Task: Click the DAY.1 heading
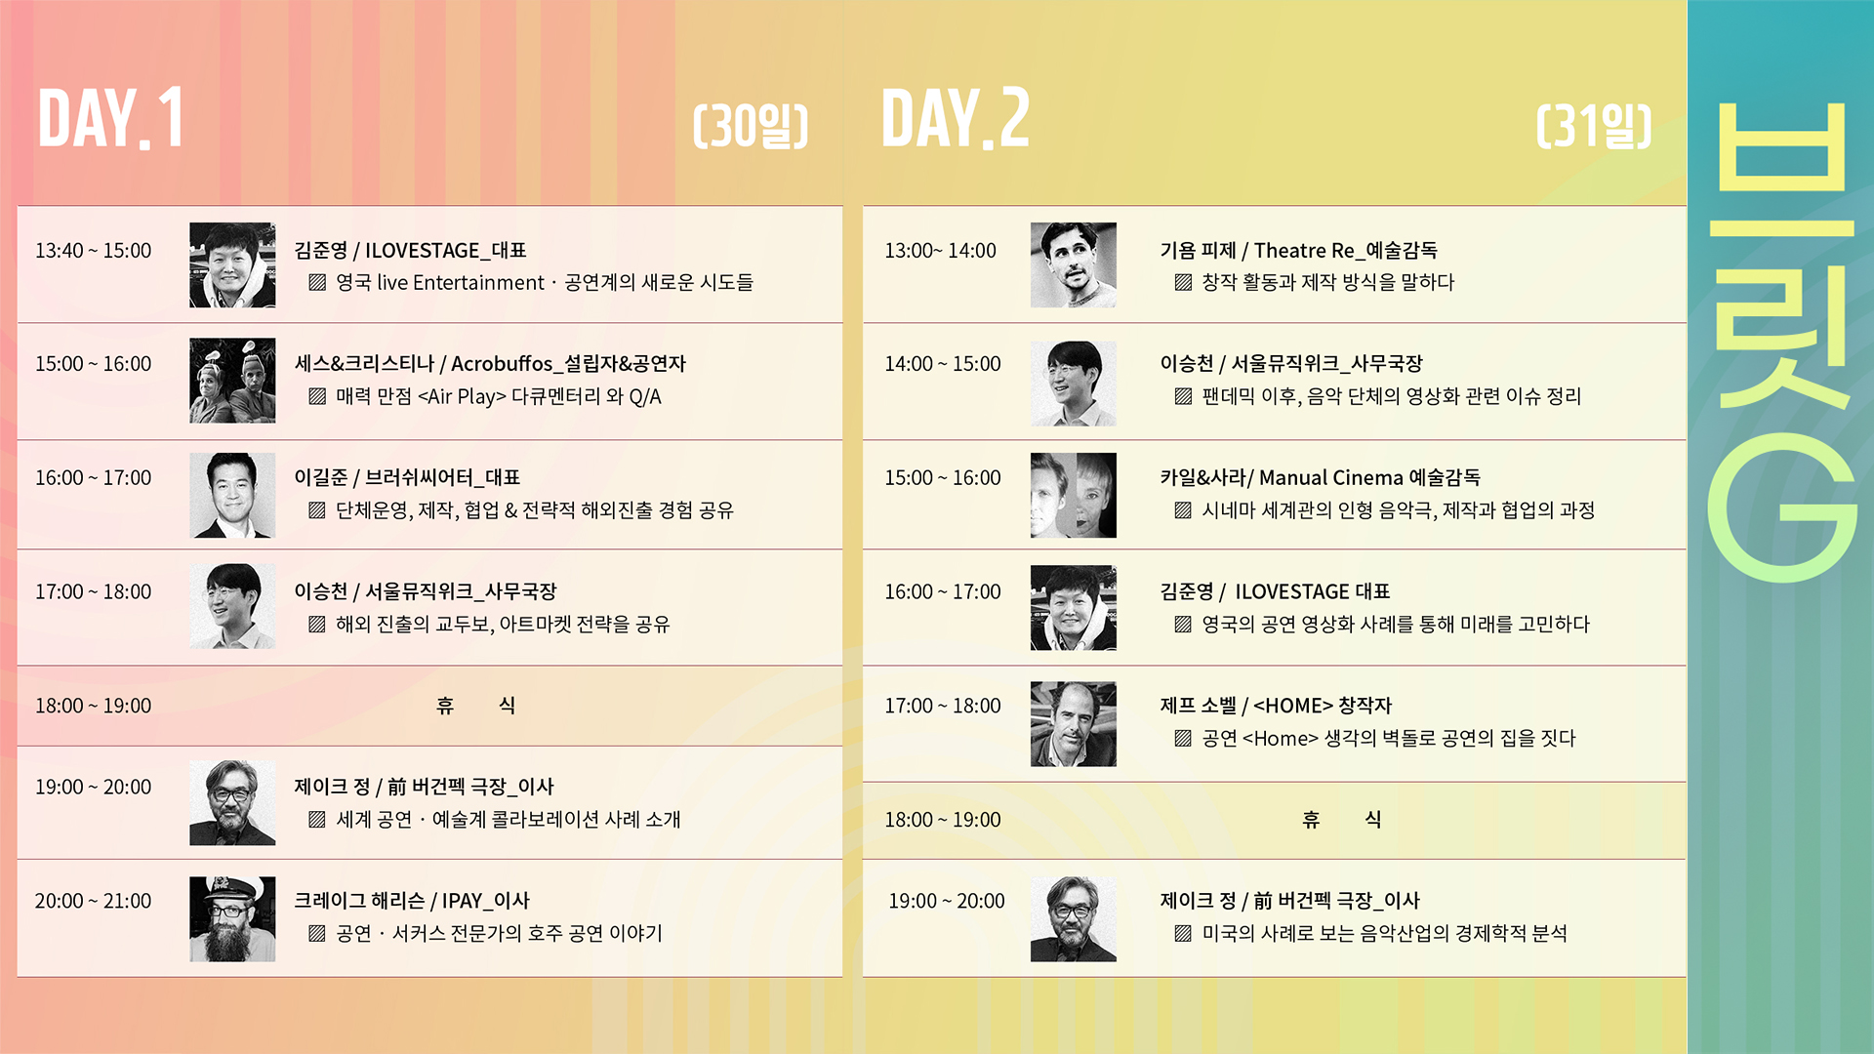click(110, 118)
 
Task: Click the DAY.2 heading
click(955, 118)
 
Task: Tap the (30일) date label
click(751, 125)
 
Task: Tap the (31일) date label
click(1594, 125)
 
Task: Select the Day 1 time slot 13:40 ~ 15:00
click(94, 251)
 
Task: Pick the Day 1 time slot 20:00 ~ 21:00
click(94, 901)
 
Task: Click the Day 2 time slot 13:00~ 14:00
click(940, 251)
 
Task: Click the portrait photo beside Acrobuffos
click(232, 381)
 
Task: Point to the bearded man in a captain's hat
click(232, 918)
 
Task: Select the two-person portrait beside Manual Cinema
click(1073, 495)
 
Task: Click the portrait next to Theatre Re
click(1073, 265)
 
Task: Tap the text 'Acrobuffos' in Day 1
click(502, 364)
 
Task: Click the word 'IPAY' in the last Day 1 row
click(462, 901)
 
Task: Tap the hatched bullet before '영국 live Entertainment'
click(317, 283)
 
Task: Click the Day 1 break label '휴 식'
click(475, 706)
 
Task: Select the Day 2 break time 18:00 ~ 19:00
click(943, 820)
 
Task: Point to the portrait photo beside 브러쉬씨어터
click(232, 495)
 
